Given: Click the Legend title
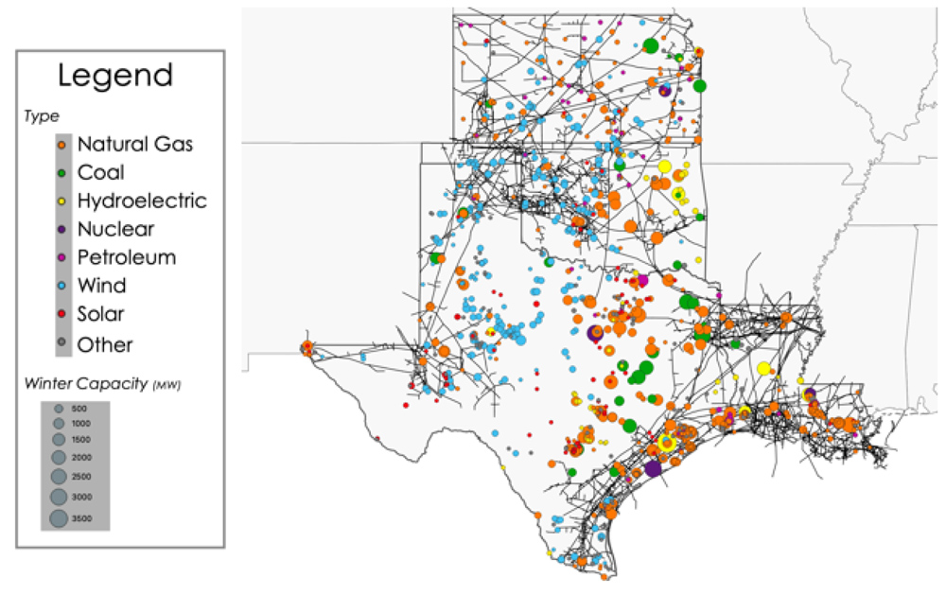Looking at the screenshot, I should [x=115, y=76].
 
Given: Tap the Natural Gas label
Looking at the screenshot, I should [x=135, y=145].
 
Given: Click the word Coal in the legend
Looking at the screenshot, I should [x=101, y=173].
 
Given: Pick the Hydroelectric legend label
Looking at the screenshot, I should [x=142, y=201].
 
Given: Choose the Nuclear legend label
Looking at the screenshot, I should [x=115, y=229].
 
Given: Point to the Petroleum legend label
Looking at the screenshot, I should [x=127, y=257].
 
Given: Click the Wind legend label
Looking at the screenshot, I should [x=101, y=286].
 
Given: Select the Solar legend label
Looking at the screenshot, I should [x=101, y=314].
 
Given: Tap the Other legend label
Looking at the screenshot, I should [x=105, y=344].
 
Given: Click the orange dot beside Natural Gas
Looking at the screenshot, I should [x=61, y=145].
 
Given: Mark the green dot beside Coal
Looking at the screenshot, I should [x=61, y=173].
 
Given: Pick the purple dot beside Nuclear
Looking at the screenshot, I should [x=61, y=229].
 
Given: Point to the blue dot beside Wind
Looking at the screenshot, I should [x=61, y=286].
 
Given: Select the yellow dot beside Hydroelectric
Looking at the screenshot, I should [x=61, y=201].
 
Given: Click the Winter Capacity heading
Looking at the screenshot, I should [x=103, y=384].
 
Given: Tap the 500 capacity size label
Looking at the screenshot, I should [x=79, y=409].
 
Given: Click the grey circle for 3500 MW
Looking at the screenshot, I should [x=59, y=517].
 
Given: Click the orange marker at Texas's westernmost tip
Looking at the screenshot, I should [x=307, y=346].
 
